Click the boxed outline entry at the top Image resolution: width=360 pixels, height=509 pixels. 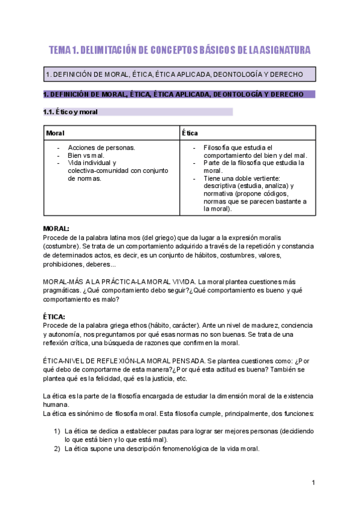click(180, 74)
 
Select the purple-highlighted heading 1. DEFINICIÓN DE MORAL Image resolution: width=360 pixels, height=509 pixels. click(170, 94)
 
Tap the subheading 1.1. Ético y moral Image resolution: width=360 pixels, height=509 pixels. click(71, 112)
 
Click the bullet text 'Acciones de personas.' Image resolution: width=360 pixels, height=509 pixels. click(101, 147)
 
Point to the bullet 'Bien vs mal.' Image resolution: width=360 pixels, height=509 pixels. click(86, 155)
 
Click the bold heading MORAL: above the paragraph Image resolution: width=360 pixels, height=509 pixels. click(56, 229)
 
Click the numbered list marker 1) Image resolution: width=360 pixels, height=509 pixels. click(57, 431)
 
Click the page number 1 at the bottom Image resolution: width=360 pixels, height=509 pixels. click(313, 483)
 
